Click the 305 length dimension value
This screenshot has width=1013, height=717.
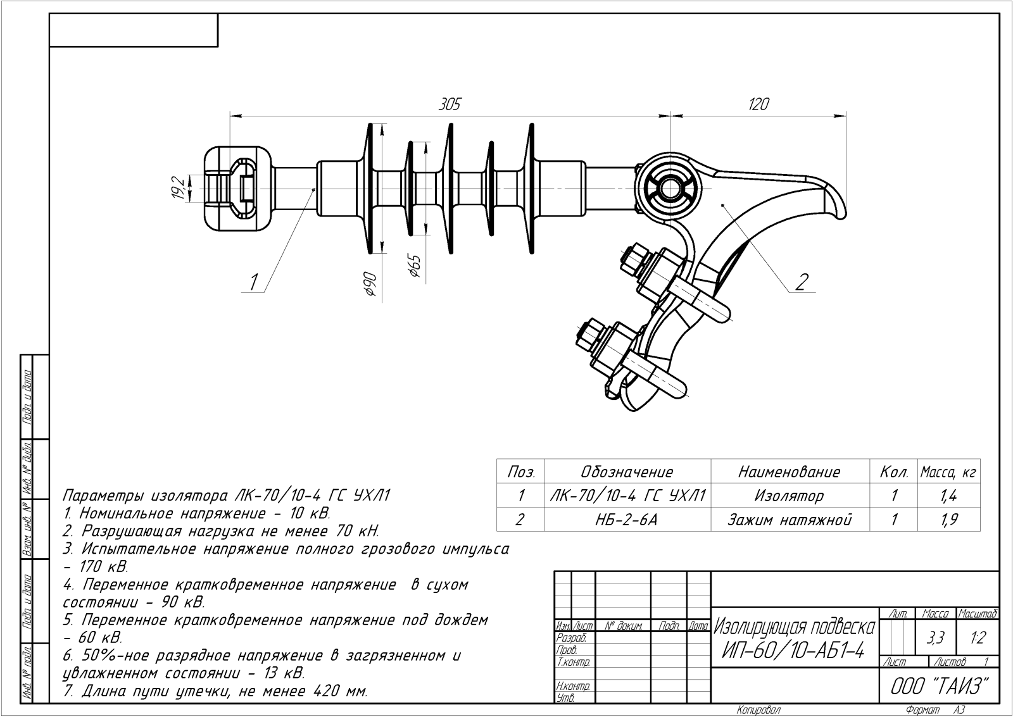coord(450,104)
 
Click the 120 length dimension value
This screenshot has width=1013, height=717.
coord(758,104)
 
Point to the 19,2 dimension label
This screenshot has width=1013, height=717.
coord(178,188)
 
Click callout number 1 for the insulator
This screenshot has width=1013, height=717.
coord(254,282)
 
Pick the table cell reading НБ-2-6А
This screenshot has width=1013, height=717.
coord(626,520)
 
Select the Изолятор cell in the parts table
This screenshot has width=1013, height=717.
coord(789,496)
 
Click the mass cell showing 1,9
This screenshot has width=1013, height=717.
coord(949,520)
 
